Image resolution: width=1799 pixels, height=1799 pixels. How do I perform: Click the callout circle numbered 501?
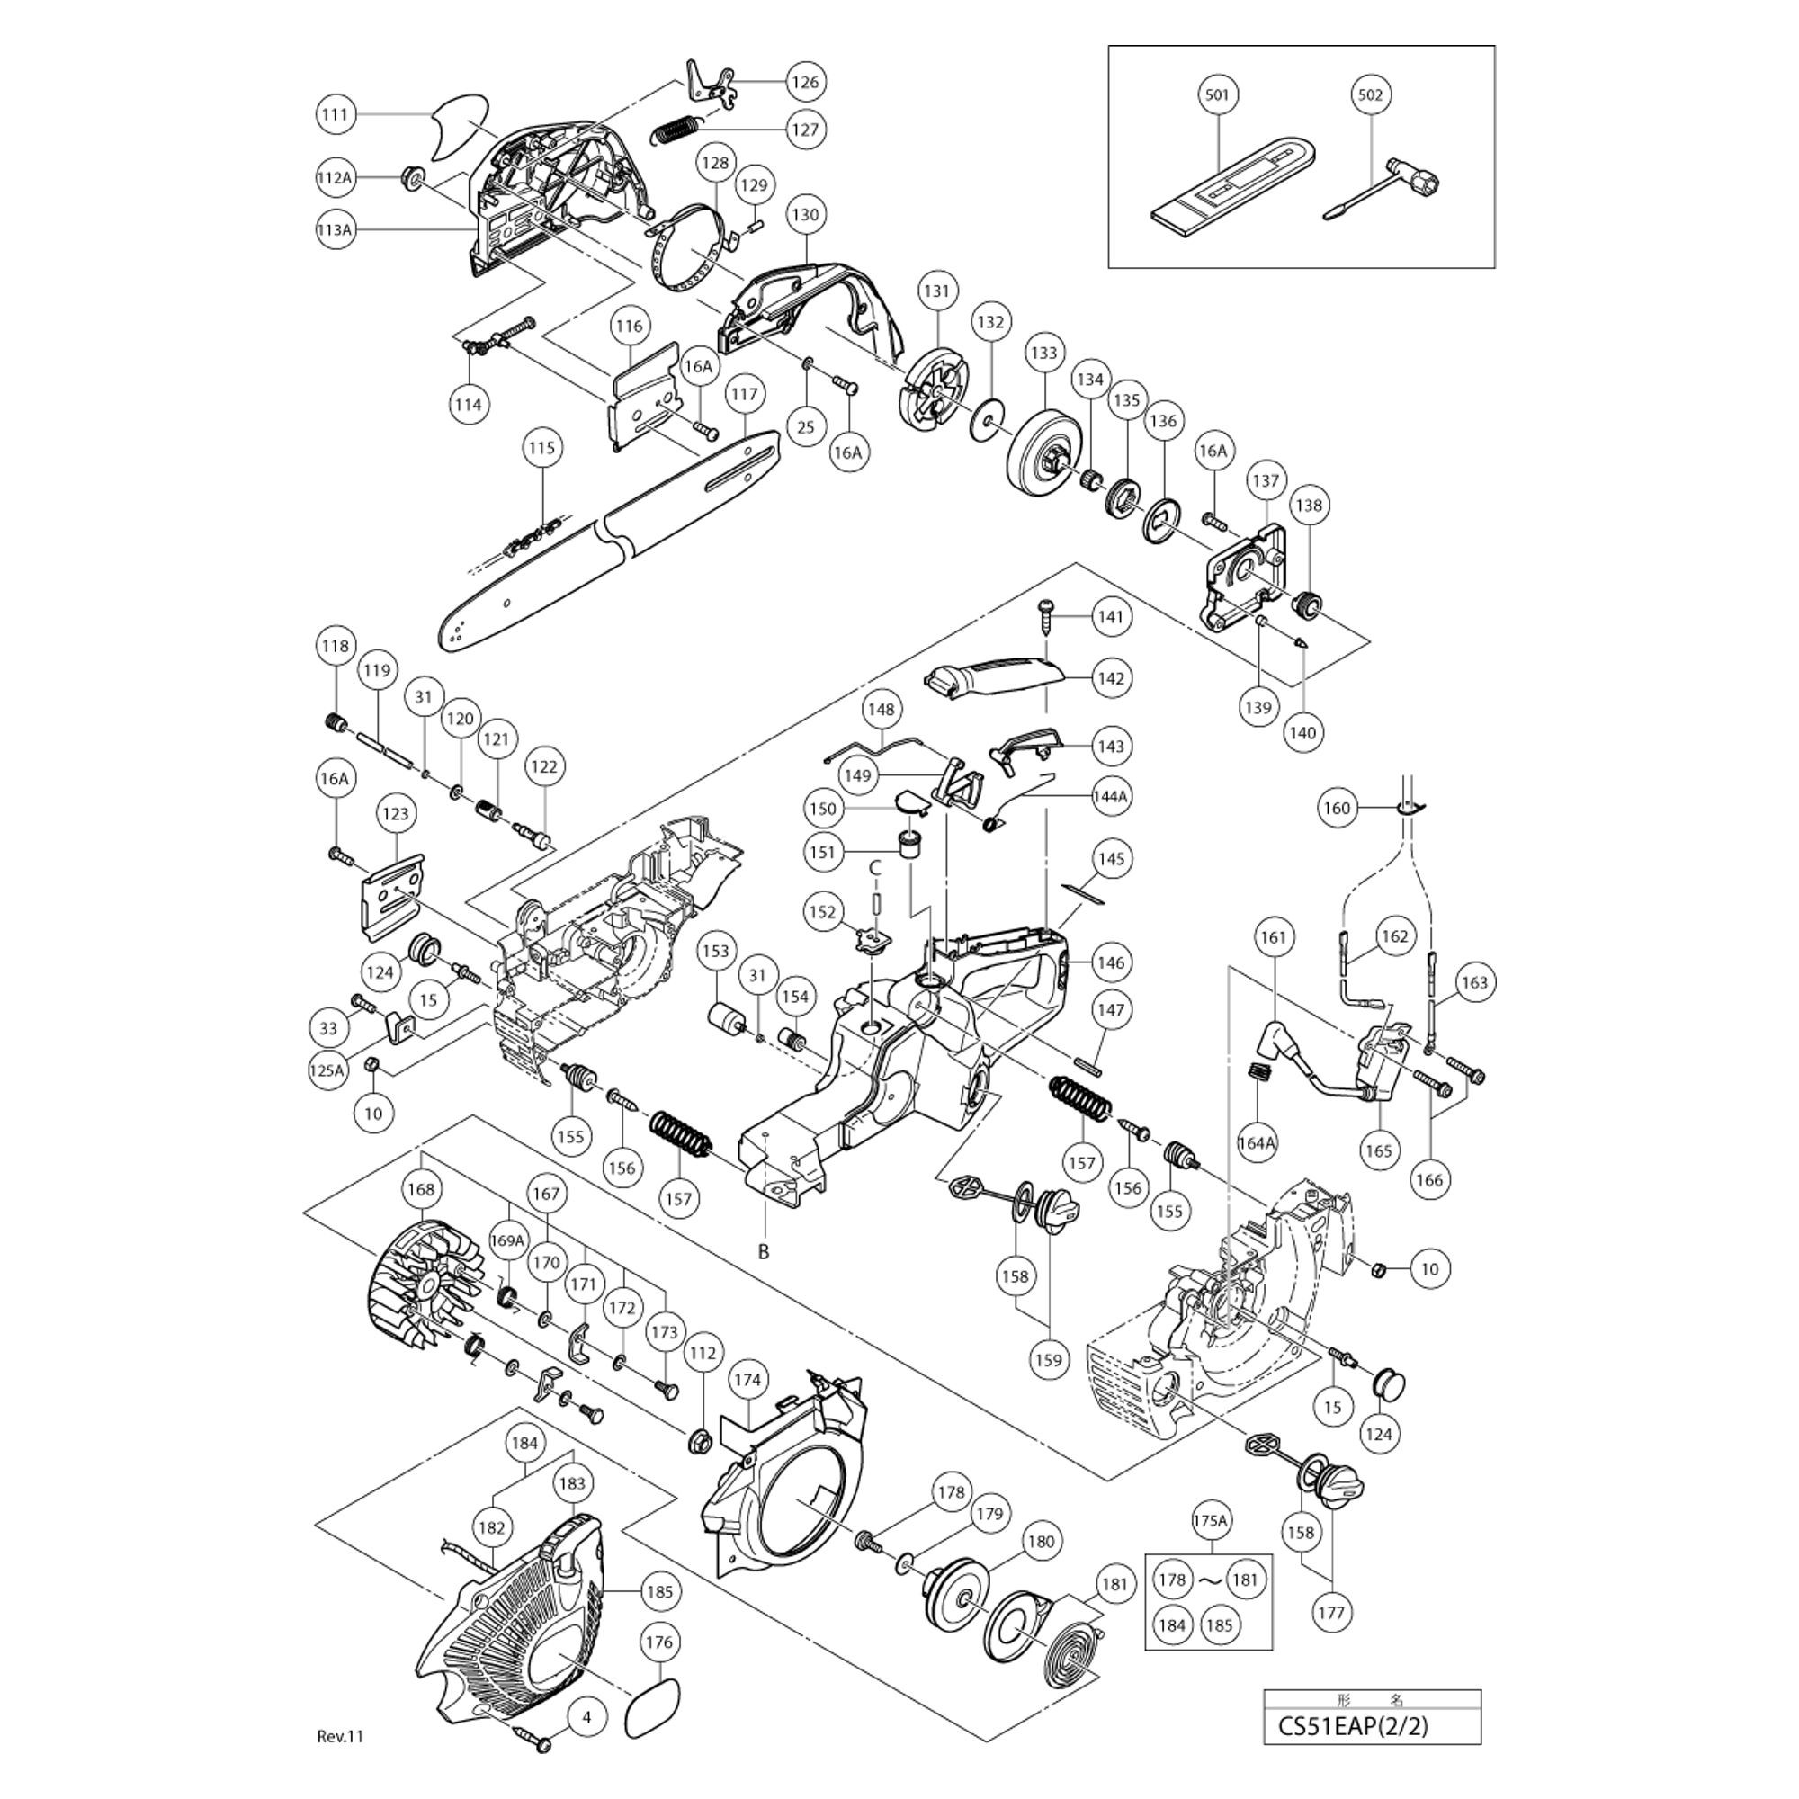[x=1216, y=95]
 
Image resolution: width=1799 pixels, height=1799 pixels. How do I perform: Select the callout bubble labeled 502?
[x=1370, y=95]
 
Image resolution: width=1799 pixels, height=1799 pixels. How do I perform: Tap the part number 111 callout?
[x=335, y=114]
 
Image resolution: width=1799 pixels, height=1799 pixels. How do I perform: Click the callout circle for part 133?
[x=1043, y=354]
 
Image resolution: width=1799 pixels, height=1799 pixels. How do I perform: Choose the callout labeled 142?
[x=1111, y=678]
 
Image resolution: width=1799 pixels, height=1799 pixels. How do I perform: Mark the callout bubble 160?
[x=1337, y=809]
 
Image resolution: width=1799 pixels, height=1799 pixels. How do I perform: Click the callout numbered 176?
[x=658, y=1643]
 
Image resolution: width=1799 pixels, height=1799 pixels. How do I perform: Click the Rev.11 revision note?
[x=340, y=1736]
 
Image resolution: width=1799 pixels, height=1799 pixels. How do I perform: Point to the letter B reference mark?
[x=764, y=1252]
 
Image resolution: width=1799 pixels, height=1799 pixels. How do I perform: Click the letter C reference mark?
[x=874, y=868]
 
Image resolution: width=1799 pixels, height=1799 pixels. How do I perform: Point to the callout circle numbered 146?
[x=1111, y=962]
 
